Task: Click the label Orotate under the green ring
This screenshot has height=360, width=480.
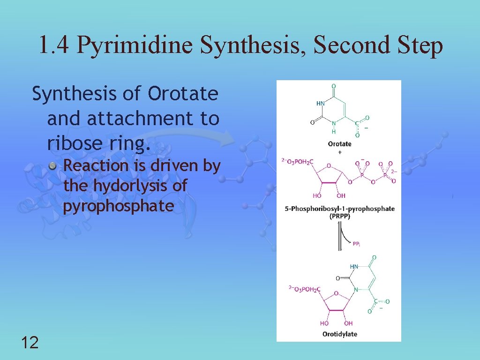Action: point(339,144)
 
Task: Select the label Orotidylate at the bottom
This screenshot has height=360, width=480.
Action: point(339,334)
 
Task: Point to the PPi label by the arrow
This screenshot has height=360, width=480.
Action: point(356,244)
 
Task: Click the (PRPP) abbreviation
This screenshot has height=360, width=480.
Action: point(339,216)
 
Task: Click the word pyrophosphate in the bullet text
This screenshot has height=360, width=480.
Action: point(119,206)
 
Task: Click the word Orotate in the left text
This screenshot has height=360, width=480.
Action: point(183,94)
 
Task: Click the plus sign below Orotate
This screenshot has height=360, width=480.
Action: point(339,152)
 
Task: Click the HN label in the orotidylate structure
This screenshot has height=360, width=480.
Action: point(354,266)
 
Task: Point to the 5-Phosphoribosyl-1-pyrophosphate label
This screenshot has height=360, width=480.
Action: point(339,209)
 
